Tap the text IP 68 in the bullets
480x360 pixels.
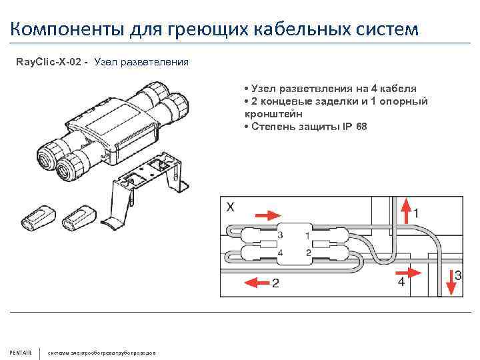353,127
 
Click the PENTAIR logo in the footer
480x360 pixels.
20,352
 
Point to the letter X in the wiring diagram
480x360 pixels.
230,207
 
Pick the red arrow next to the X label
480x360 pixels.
268,215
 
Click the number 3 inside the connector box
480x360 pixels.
279,235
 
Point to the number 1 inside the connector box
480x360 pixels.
307,235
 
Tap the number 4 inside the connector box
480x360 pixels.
279,253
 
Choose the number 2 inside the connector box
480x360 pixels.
307,253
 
